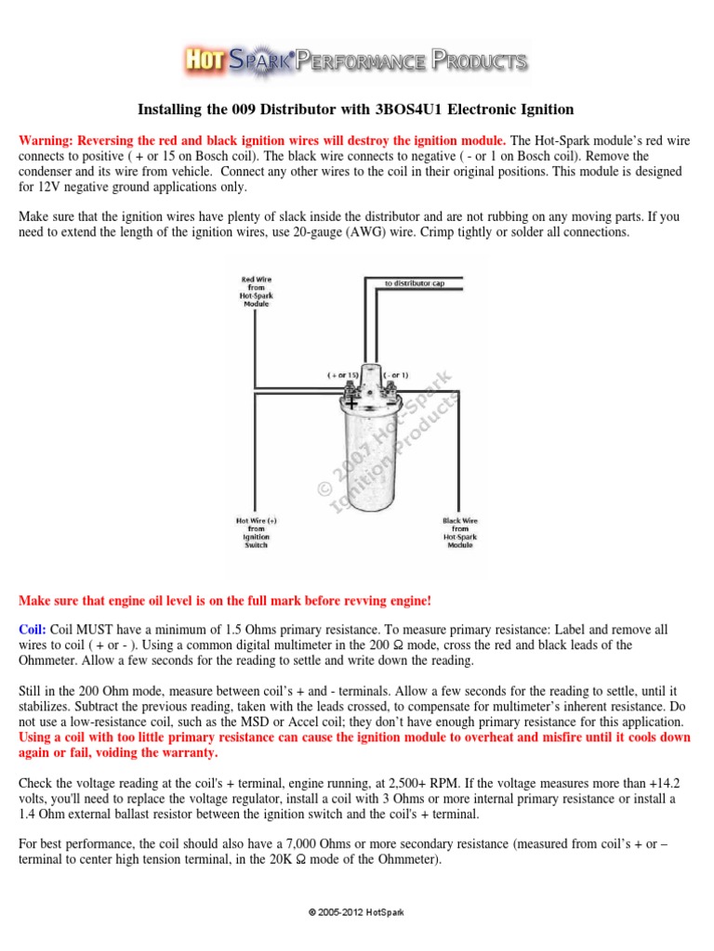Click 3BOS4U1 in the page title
tap(412, 110)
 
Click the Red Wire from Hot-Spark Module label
tap(257, 291)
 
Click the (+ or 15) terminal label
tap(342, 374)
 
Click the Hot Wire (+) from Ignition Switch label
tap(256, 533)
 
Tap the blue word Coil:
tap(33, 629)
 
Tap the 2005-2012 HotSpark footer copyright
tap(357, 914)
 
